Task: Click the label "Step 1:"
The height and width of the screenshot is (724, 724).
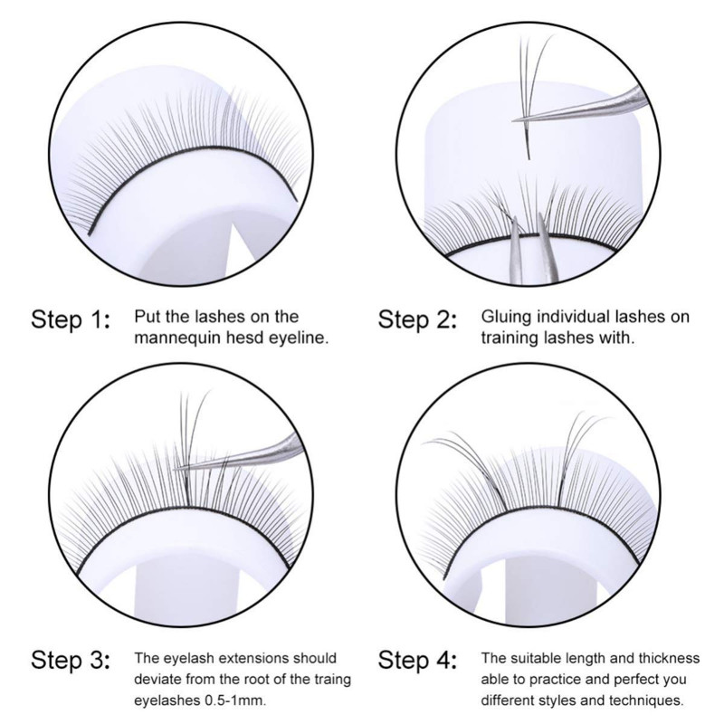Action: pos(71,319)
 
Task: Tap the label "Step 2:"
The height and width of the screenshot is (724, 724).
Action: pos(417,319)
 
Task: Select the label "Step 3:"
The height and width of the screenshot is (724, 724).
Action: pos(71,660)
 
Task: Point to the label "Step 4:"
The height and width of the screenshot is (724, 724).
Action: pos(417,660)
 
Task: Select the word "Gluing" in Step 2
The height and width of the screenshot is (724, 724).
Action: pos(506,318)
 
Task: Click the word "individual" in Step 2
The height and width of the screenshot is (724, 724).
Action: pos(572,317)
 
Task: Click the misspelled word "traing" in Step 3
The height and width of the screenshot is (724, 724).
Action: pos(329,680)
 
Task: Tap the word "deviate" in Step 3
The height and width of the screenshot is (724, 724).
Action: pos(157,680)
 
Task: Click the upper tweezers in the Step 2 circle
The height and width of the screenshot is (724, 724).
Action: pos(582,108)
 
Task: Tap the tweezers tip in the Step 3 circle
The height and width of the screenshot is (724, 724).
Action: pos(176,469)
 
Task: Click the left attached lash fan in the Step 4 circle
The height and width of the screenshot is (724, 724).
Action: pos(466,466)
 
